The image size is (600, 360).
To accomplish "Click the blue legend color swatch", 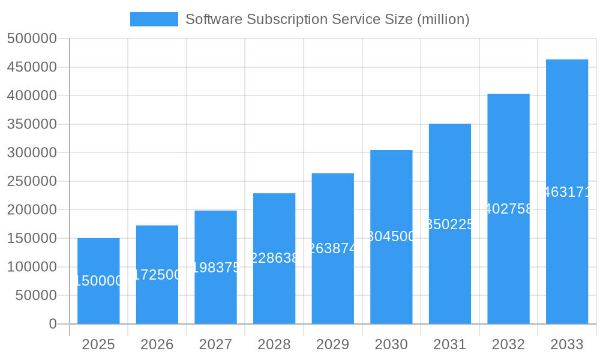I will (154, 19).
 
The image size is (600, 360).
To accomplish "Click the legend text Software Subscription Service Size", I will (327, 19).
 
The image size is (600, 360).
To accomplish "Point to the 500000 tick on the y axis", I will (32, 38).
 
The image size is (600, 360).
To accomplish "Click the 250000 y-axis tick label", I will (32, 181).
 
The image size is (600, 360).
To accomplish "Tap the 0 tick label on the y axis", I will (53, 324).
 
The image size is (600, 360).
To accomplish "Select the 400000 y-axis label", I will (32, 95).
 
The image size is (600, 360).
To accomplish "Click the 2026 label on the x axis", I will (157, 344).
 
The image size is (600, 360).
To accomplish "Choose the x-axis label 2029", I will (333, 344).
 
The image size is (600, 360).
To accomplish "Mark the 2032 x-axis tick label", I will (508, 344).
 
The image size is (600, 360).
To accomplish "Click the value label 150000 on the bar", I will (98, 281).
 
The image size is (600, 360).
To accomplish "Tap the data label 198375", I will (215, 268).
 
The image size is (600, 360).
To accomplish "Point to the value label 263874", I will (333, 248).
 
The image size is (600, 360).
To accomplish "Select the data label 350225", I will (450, 224).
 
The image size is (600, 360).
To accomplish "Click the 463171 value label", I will (567, 192).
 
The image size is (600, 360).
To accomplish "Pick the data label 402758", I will (508, 209).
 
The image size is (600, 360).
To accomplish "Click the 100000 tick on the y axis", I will (32, 267).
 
